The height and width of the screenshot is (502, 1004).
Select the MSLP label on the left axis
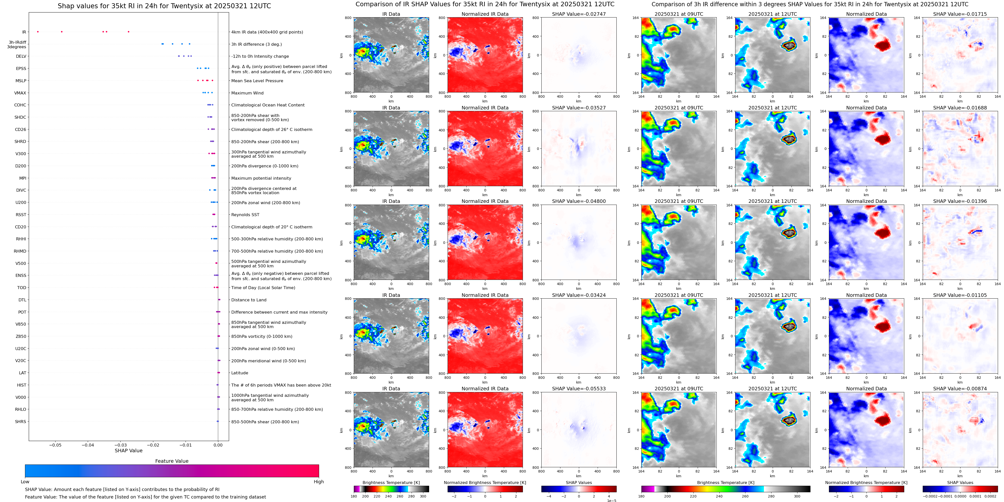(x=21, y=81)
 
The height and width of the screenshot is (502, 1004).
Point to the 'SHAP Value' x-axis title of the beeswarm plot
(x=128, y=451)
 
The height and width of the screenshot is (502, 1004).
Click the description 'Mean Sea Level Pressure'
(x=257, y=81)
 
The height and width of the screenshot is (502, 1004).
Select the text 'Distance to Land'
(x=249, y=300)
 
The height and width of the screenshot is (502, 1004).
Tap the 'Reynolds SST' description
(x=245, y=215)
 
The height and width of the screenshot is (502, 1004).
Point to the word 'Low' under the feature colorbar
(x=25, y=482)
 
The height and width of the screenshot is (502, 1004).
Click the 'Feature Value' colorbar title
(x=172, y=461)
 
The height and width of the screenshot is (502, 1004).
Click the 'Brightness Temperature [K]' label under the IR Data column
(x=391, y=483)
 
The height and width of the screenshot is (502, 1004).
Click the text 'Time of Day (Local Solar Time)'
(x=263, y=288)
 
